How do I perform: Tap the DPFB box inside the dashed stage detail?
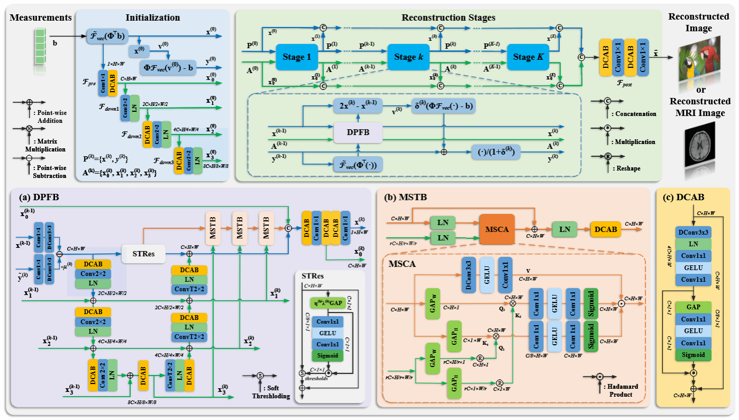pos(358,131)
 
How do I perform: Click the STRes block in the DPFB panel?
pos(142,254)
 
